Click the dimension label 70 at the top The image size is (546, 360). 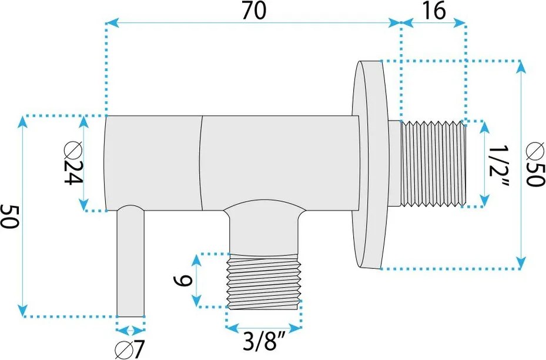(253, 10)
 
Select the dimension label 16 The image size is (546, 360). (433, 10)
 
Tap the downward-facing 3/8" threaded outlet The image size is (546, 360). (263, 281)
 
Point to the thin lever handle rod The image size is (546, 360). (130, 265)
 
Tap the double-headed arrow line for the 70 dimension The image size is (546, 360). (253, 24)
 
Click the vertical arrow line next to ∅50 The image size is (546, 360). (520, 164)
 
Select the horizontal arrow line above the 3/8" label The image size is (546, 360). (263, 328)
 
